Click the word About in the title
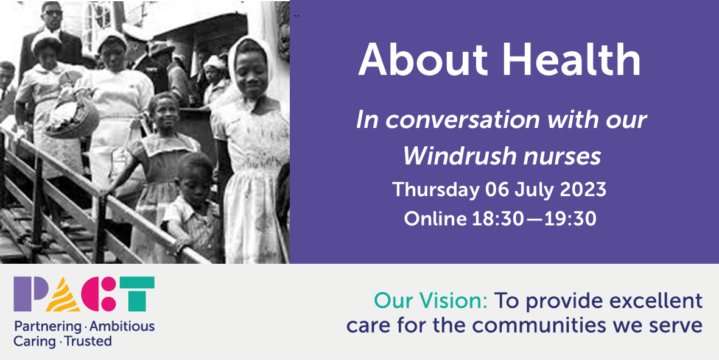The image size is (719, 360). (423, 60)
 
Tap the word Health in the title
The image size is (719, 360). (571, 59)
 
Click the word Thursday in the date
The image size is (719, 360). (436, 189)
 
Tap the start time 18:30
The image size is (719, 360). (498, 219)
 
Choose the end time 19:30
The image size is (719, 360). (570, 219)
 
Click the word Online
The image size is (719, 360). (435, 219)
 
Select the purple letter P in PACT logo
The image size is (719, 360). (29, 294)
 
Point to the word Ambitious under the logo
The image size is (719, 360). (122, 326)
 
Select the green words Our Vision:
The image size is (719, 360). (430, 302)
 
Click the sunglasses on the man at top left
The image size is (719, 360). (53, 13)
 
